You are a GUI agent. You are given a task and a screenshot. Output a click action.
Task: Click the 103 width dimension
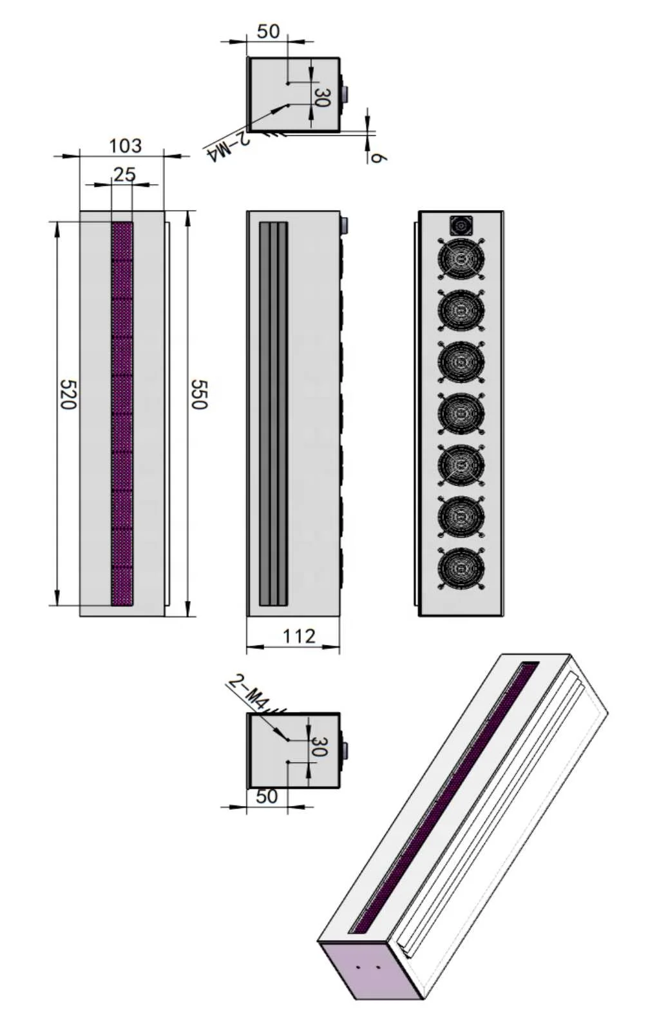pyautogui.click(x=125, y=146)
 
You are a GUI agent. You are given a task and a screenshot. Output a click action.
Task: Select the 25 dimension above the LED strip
pyautogui.click(x=125, y=175)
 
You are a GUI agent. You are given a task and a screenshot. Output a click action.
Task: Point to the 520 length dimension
pyautogui.click(x=68, y=394)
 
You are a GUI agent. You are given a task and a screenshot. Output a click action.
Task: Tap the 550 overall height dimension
pyautogui.click(x=198, y=394)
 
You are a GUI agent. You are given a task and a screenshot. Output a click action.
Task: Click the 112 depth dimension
pyautogui.click(x=300, y=637)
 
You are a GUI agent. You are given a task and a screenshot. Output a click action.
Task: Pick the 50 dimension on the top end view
pyautogui.click(x=269, y=32)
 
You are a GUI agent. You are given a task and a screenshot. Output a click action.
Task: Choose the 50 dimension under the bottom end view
pyautogui.click(x=267, y=796)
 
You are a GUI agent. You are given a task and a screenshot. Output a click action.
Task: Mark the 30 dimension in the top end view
pyautogui.click(x=321, y=97)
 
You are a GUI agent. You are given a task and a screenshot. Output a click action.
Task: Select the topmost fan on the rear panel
pyautogui.click(x=461, y=259)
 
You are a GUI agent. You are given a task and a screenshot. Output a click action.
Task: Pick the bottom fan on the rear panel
pyautogui.click(x=461, y=568)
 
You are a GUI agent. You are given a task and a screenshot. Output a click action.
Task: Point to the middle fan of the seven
pyautogui.click(x=461, y=413)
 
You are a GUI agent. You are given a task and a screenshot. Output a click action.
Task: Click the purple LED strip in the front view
pyautogui.click(x=122, y=414)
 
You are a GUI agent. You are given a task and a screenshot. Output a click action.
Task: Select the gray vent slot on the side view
pyautogui.click(x=273, y=414)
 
